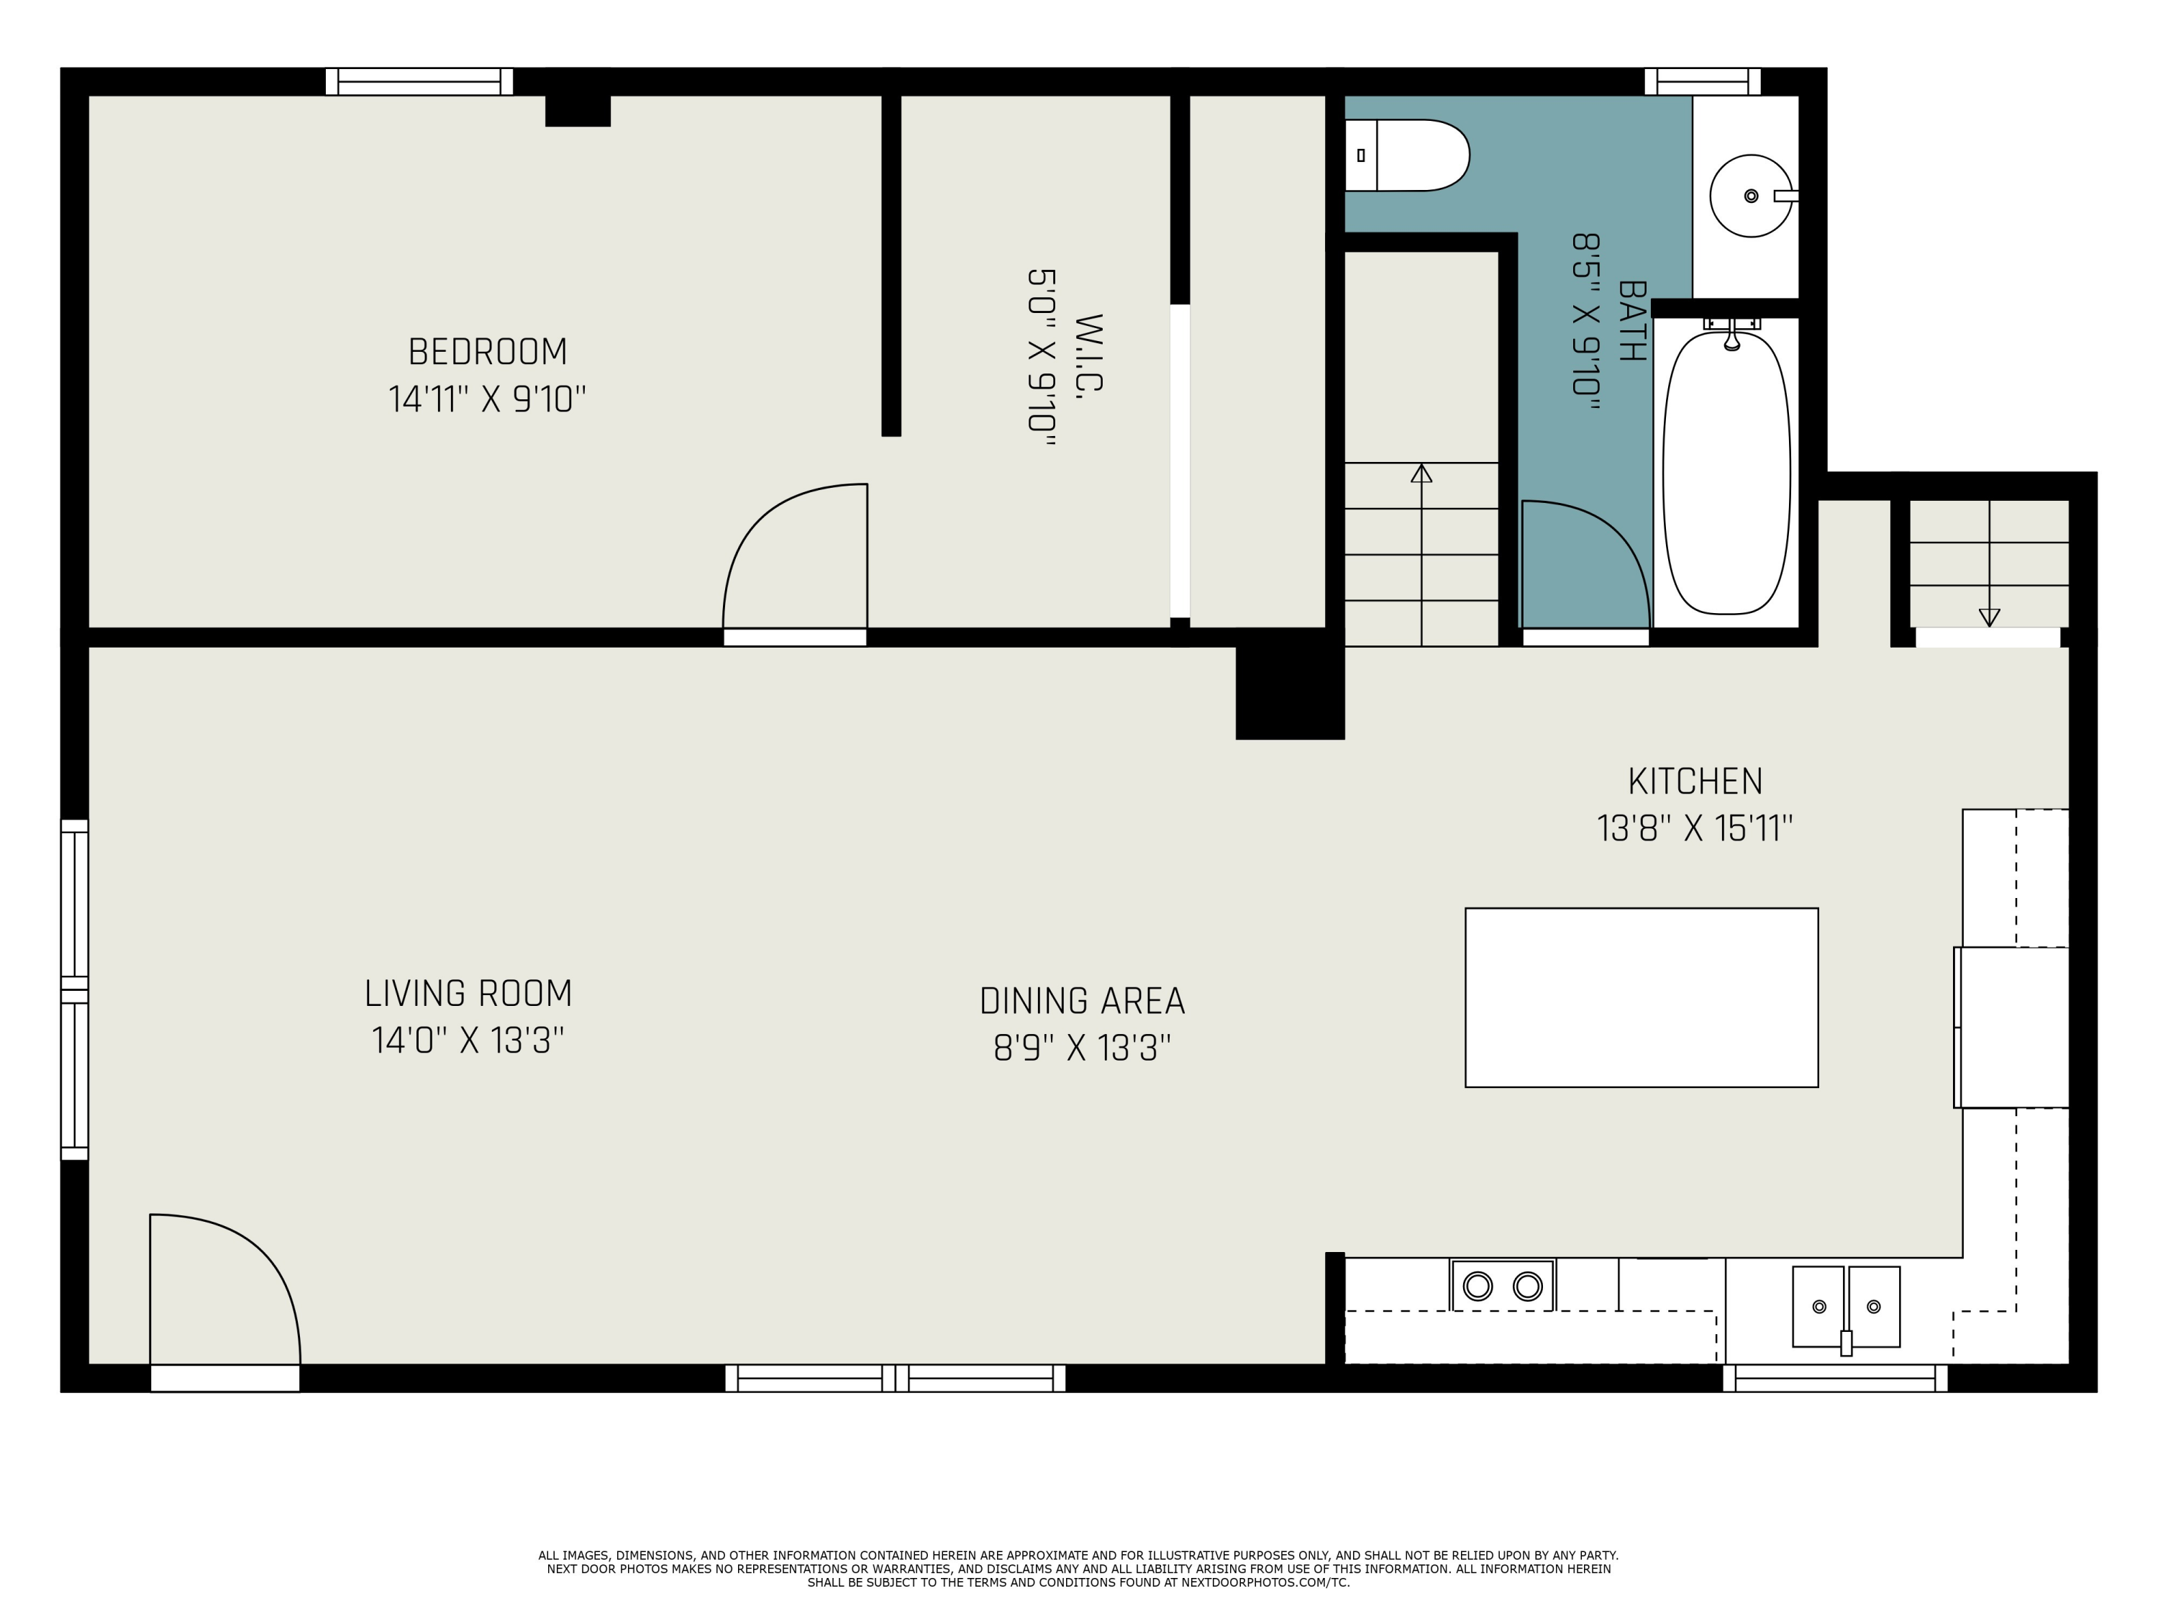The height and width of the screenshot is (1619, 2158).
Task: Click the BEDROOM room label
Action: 487,351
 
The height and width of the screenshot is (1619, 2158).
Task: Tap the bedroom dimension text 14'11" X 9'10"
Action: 487,399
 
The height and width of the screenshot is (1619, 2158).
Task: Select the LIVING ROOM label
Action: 468,994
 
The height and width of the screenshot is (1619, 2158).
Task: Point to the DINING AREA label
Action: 1082,1002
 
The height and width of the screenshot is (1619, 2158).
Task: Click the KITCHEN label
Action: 1695,781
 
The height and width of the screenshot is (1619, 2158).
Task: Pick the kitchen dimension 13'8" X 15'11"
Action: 1695,828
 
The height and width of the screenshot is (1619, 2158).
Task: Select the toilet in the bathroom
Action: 1407,155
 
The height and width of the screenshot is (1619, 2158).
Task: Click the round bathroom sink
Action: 1752,196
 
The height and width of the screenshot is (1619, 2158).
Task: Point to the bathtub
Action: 1727,473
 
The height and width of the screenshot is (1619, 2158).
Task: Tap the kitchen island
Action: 1642,997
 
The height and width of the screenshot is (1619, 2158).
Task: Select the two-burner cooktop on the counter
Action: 1503,1287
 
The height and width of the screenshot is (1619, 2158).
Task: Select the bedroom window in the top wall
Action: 419,81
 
